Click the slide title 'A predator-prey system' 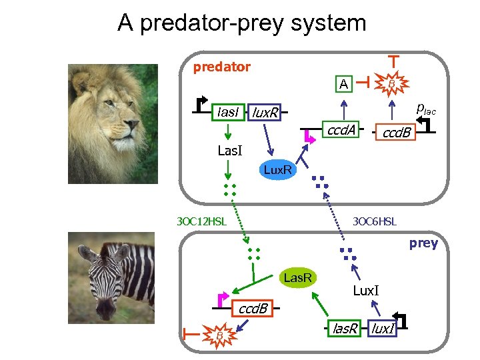point(241,23)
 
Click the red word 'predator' point(221,67)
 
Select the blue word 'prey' point(423,243)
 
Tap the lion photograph point(113,123)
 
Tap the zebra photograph point(113,285)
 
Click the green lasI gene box point(227,112)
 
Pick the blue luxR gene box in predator point(265,113)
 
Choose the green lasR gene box point(345,327)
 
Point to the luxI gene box point(382,327)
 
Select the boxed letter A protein point(343,84)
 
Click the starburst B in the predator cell point(392,83)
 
